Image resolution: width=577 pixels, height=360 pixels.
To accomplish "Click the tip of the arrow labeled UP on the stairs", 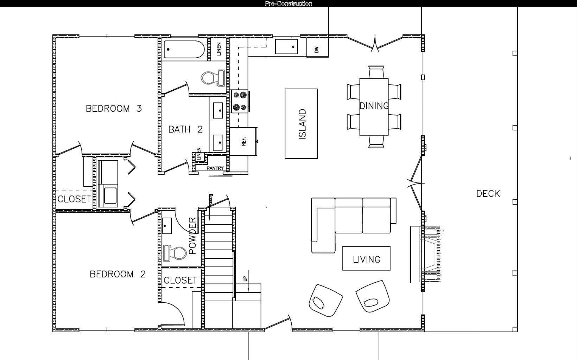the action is (x=248, y=291).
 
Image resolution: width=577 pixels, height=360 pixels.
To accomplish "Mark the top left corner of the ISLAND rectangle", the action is (x=285, y=89).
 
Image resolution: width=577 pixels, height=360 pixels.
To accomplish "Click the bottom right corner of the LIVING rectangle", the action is (x=390, y=270).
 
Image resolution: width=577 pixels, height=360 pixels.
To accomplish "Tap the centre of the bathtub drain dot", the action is (x=168, y=50).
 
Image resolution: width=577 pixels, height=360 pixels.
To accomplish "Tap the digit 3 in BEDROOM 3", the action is (x=139, y=109).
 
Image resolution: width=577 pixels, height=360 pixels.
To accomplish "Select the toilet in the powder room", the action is (x=175, y=253).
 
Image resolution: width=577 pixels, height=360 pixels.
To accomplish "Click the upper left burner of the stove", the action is (x=236, y=95).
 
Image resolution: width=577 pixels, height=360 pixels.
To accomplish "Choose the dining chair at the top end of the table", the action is (x=376, y=72).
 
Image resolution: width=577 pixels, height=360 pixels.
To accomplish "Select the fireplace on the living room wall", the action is (x=425, y=254).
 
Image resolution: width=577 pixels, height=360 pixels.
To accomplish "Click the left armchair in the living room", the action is (x=325, y=300).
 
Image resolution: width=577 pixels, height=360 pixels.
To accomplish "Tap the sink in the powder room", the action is (x=167, y=226).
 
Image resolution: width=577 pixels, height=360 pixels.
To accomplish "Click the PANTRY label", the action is (x=215, y=168).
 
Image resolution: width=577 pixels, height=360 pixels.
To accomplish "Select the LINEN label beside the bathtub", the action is (x=219, y=49).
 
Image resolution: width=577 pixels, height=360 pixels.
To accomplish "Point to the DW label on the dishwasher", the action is (x=317, y=50).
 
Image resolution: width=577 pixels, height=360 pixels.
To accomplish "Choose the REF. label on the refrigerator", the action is (x=244, y=141).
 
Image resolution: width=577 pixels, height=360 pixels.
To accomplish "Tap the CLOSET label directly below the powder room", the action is (x=180, y=280).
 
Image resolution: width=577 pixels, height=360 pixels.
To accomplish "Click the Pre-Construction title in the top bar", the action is (x=288, y=4).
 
